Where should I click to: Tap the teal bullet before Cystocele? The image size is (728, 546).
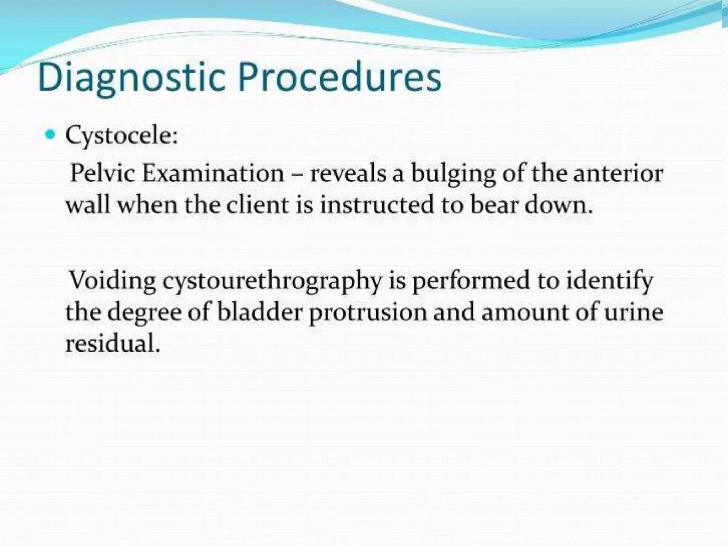(51, 135)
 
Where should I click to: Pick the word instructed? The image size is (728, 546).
(377, 205)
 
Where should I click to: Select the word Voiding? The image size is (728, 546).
(112, 281)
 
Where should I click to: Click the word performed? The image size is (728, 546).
(471, 281)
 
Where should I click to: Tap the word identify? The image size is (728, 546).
(610, 281)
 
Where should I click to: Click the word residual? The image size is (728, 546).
(112, 343)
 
